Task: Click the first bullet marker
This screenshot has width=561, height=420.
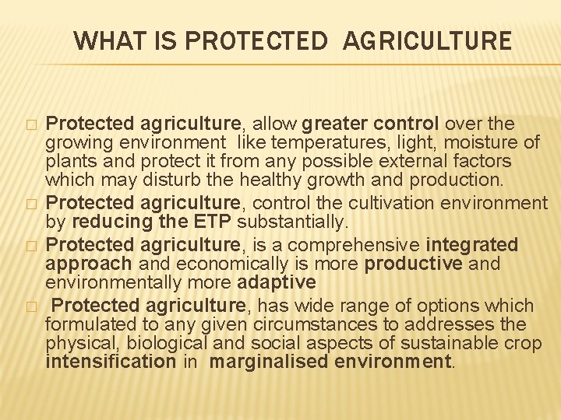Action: coord(30,125)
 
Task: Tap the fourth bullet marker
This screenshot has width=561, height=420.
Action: coord(30,306)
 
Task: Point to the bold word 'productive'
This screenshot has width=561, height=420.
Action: coord(414,264)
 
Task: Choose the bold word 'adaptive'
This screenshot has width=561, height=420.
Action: coord(277,282)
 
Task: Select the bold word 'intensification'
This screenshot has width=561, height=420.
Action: coord(111,362)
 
